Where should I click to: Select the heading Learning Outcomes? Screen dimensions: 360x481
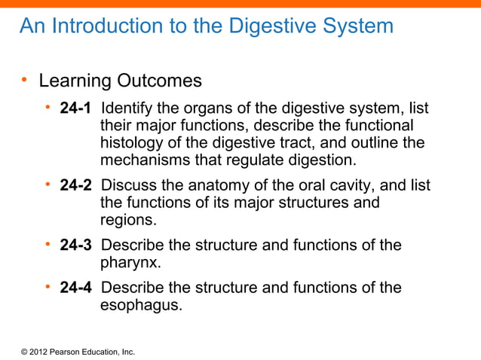[120, 80]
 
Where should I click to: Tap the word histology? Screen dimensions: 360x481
[130, 143]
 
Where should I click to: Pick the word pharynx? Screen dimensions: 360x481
[130, 264]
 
